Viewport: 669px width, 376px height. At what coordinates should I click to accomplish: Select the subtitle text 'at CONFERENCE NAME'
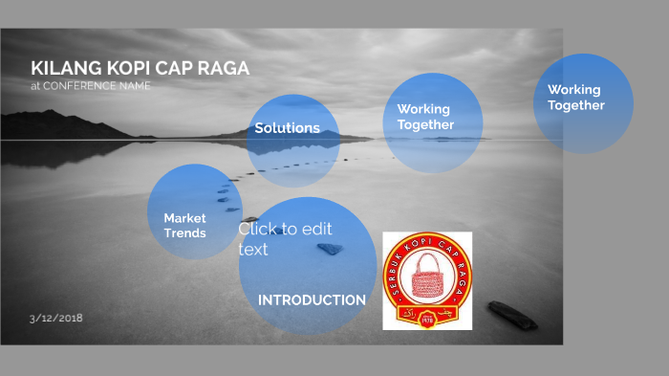click(x=90, y=85)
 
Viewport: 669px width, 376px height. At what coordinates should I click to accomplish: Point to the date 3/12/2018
click(x=55, y=317)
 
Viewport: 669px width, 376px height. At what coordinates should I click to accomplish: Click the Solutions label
click(x=287, y=128)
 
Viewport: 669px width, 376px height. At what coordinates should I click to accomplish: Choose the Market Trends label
click(x=184, y=226)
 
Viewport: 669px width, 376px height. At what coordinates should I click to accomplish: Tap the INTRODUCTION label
click(x=312, y=300)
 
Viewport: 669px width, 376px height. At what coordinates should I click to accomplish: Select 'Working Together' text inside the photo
click(x=424, y=117)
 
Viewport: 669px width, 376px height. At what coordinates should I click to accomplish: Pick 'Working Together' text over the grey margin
click(x=575, y=98)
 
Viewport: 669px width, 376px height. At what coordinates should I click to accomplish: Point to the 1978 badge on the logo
click(x=427, y=321)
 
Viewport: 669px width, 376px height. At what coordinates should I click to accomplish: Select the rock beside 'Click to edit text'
click(x=330, y=249)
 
